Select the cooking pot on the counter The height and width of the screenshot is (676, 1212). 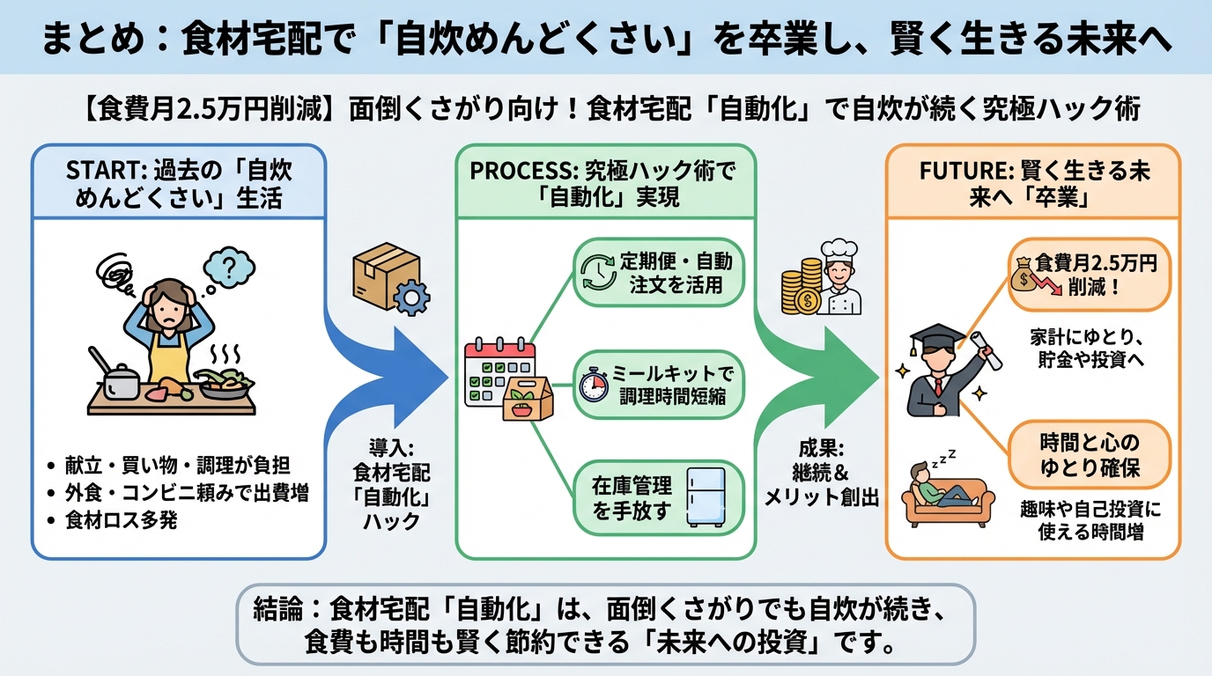[120, 380]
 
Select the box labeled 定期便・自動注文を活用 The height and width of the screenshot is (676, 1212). [659, 273]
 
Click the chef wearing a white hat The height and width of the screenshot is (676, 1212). [838, 279]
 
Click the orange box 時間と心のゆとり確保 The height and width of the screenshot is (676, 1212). [1089, 455]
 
